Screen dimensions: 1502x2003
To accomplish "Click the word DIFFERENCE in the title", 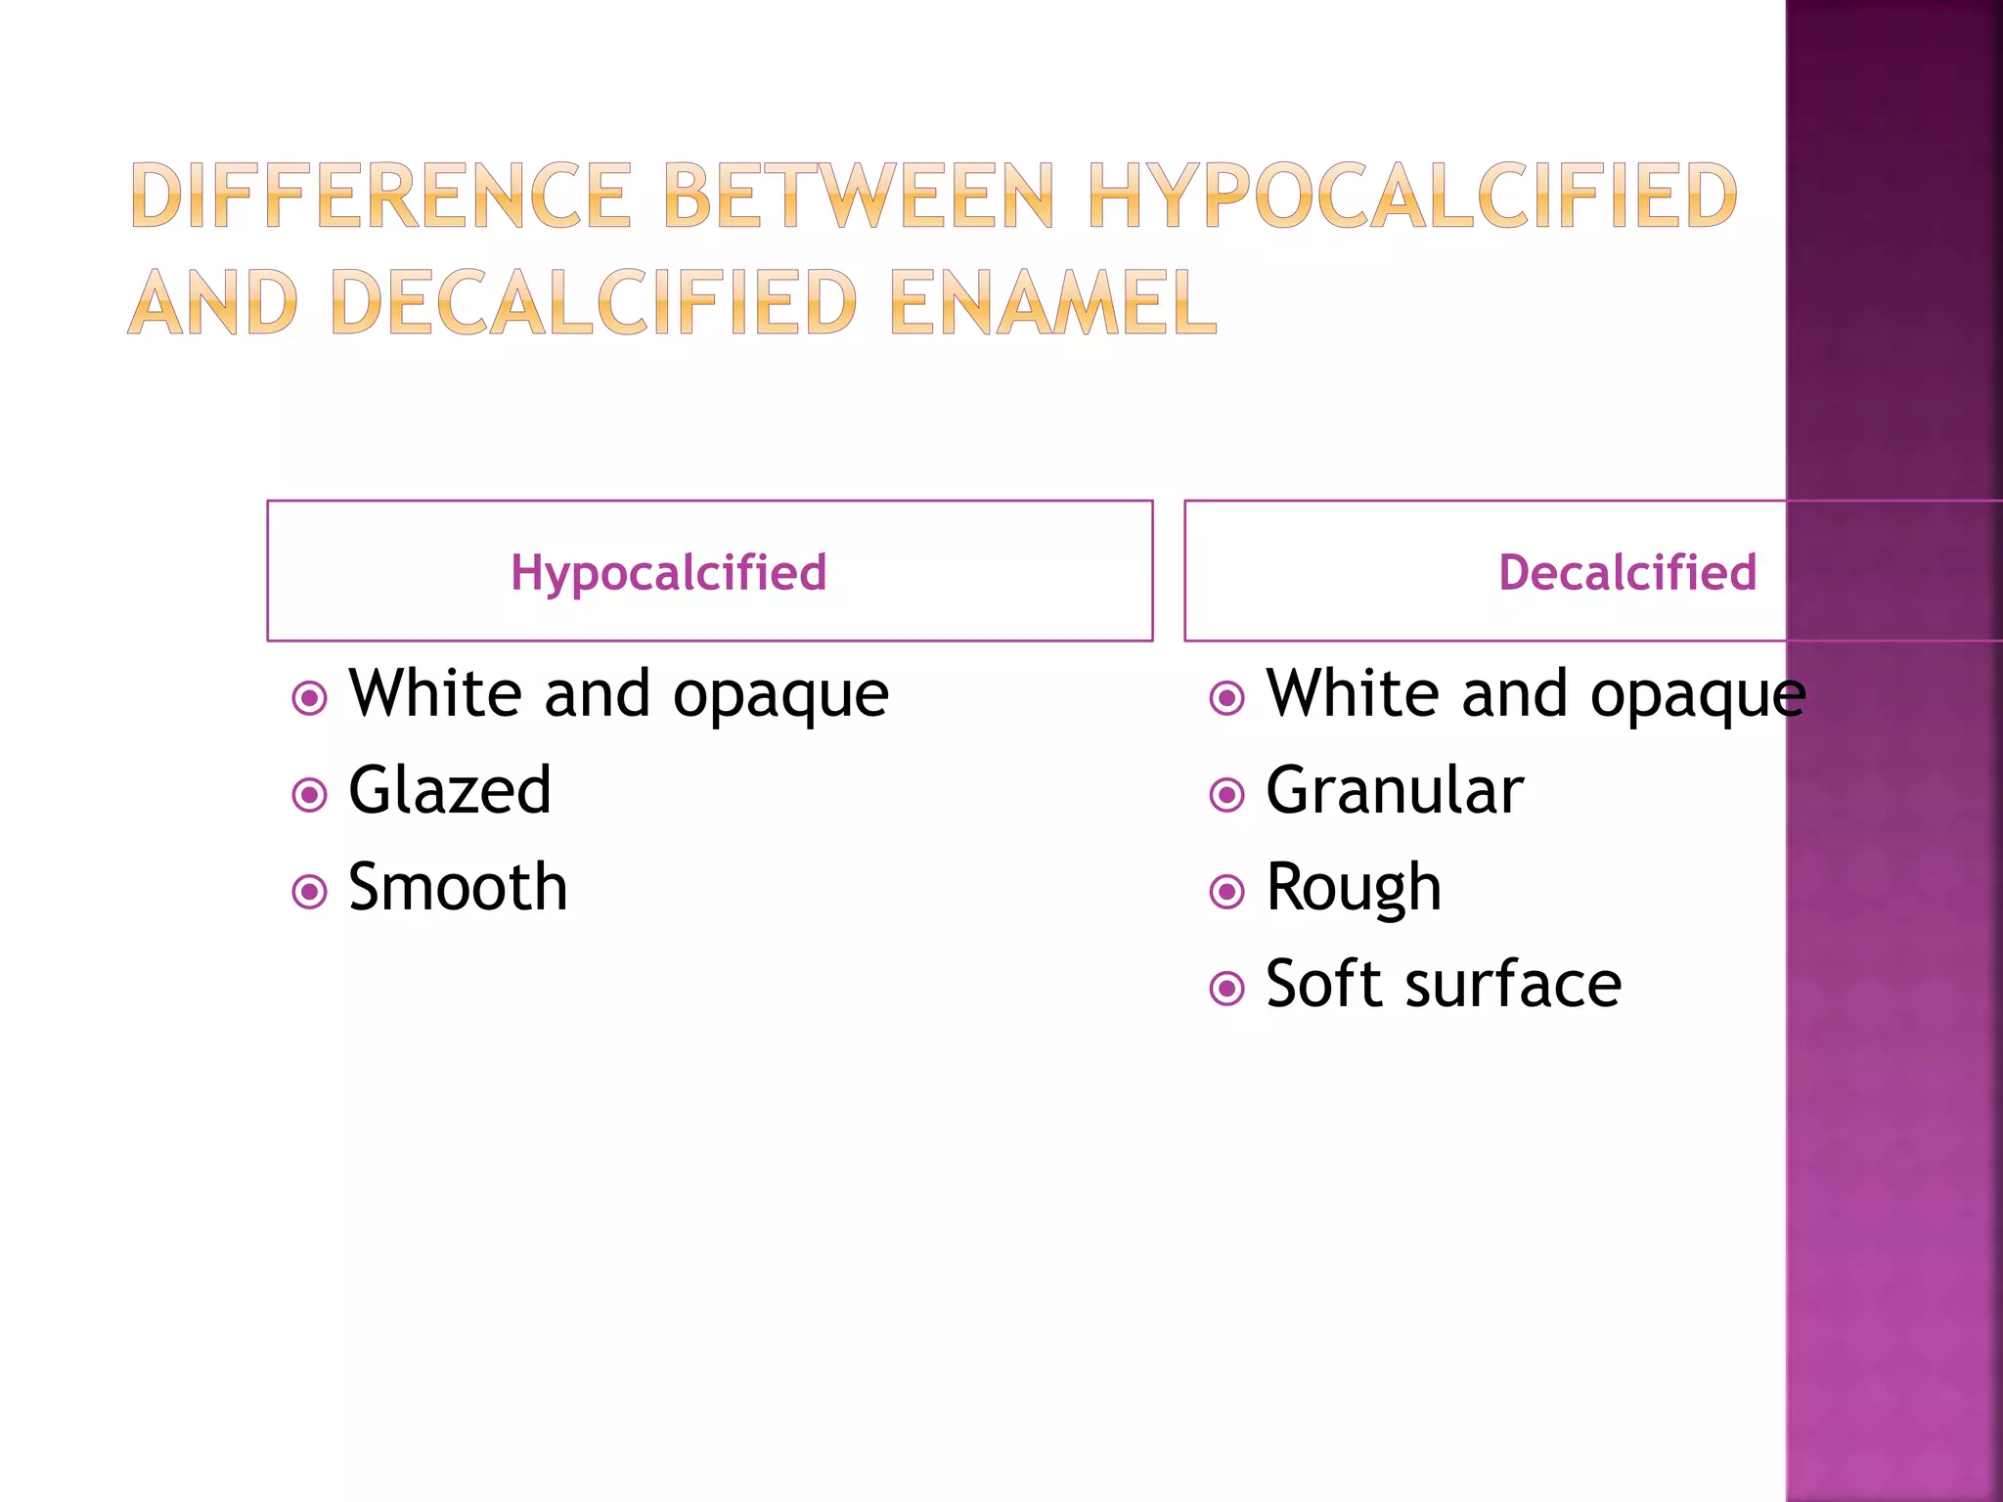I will [380, 197].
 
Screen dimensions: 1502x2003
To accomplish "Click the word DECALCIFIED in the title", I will [595, 302].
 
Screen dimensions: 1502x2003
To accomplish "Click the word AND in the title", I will [213, 302].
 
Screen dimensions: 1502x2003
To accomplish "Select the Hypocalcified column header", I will [669, 572].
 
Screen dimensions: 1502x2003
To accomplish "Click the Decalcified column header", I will [1626, 572].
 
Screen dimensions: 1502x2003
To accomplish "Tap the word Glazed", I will [450, 790].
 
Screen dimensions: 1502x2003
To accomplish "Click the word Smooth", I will [458, 887].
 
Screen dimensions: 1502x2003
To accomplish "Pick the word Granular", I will [1395, 790].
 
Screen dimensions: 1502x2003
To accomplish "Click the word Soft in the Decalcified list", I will [1325, 984].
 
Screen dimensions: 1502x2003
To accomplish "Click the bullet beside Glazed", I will [310, 795].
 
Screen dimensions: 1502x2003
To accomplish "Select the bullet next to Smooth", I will [310, 892].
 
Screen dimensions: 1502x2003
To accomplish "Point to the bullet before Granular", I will [1226, 795].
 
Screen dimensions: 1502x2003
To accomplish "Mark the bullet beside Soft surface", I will [1226, 989].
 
